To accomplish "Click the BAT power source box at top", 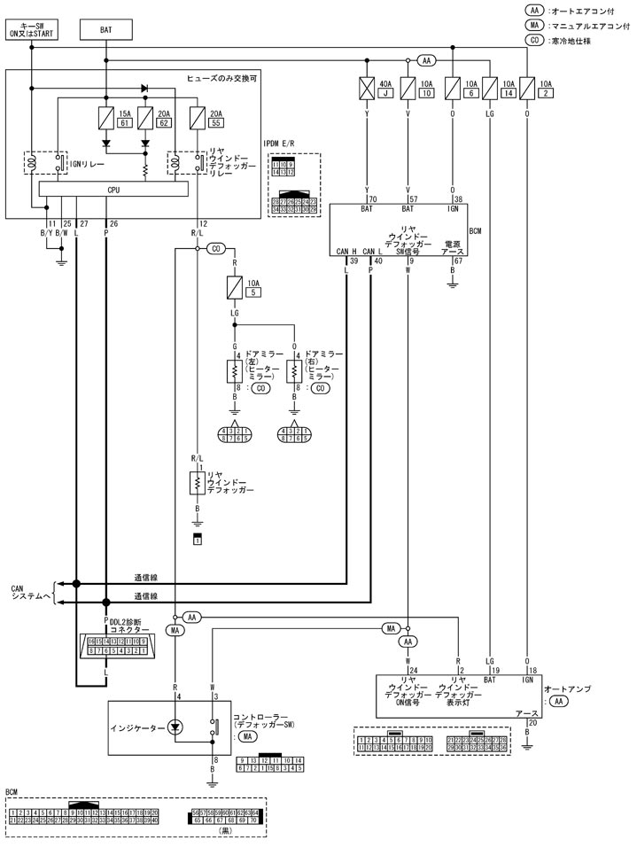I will [x=105, y=29].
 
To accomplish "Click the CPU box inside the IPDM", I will [x=113, y=190].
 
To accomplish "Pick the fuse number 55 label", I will [x=215, y=122].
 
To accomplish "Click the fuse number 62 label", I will [x=163, y=122].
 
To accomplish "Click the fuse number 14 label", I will [x=508, y=93].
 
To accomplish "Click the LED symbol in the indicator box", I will [x=175, y=727].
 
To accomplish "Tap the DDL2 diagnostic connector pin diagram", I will [x=113, y=645].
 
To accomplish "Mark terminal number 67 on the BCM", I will [x=458, y=261].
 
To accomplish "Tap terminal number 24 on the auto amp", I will [x=413, y=670].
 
